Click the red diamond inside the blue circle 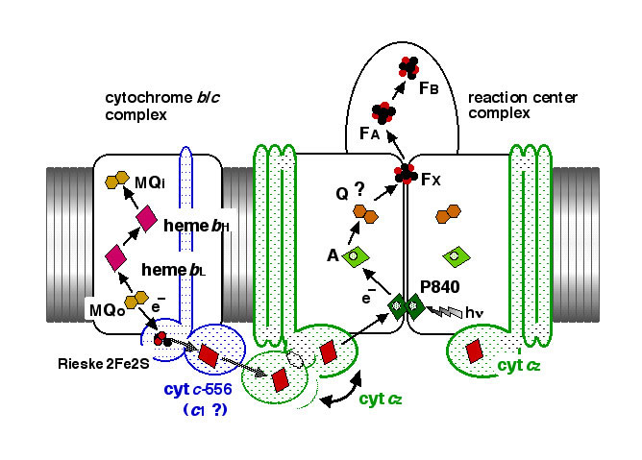point(208,354)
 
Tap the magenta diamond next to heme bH point(147,219)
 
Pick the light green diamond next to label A point(355,256)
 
